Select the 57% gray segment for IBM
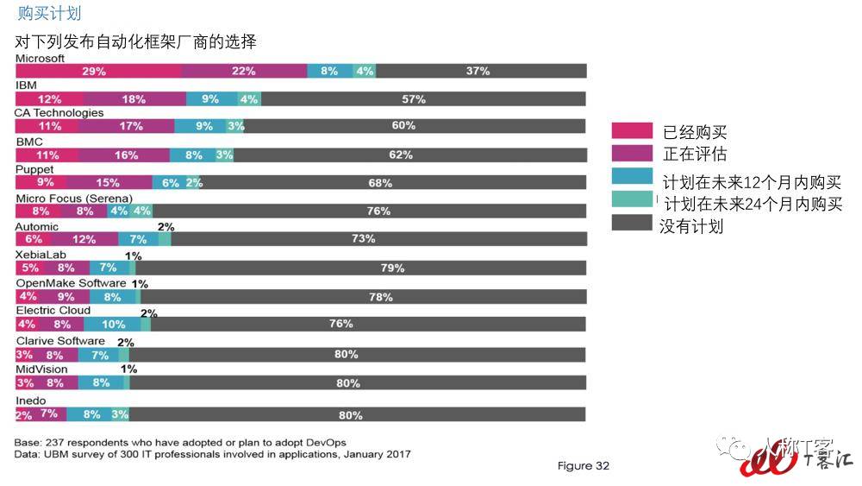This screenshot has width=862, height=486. pyautogui.click(x=413, y=99)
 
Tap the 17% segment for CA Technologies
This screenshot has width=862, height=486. pyautogui.click(x=131, y=126)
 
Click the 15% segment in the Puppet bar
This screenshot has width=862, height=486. pyautogui.click(x=109, y=183)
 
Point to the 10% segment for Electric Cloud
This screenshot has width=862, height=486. pyautogui.click(x=113, y=324)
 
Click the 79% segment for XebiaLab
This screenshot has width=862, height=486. pyautogui.click(x=392, y=268)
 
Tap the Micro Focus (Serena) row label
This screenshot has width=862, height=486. pyautogui.click(x=74, y=199)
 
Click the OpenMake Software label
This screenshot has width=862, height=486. pyautogui.click(x=72, y=283)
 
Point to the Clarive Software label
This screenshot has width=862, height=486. pyautogui.click(x=60, y=341)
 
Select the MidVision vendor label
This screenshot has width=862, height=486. pyautogui.click(x=41, y=369)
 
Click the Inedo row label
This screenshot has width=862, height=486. pyautogui.click(x=30, y=401)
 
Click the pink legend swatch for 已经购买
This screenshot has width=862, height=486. pyautogui.click(x=631, y=131)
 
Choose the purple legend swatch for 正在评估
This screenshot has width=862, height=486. pyautogui.click(x=631, y=154)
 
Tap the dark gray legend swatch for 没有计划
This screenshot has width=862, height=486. pyautogui.click(x=631, y=224)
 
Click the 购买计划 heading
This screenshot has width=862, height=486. pyautogui.click(x=50, y=14)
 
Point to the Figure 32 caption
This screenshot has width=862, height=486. pyautogui.click(x=583, y=466)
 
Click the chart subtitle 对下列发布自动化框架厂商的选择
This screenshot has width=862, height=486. pyautogui.click(x=135, y=41)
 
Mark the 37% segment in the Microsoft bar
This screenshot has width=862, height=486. pyautogui.click(x=478, y=71)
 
